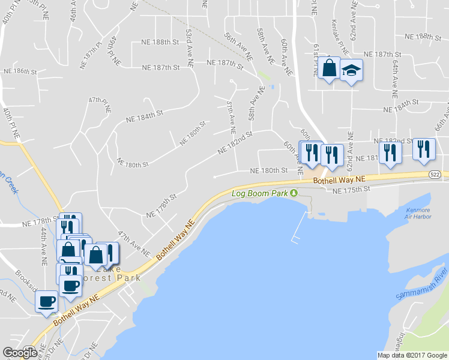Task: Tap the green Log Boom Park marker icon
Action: (x=294, y=193)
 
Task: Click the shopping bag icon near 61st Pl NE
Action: (x=329, y=69)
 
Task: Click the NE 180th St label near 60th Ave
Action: (x=265, y=170)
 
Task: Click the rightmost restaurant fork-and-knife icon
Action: (x=424, y=149)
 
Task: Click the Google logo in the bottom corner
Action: (x=19, y=352)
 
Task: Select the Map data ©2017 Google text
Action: (x=412, y=355)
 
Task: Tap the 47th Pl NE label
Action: (x=100, y=105)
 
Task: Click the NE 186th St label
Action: (x=20, y=71)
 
